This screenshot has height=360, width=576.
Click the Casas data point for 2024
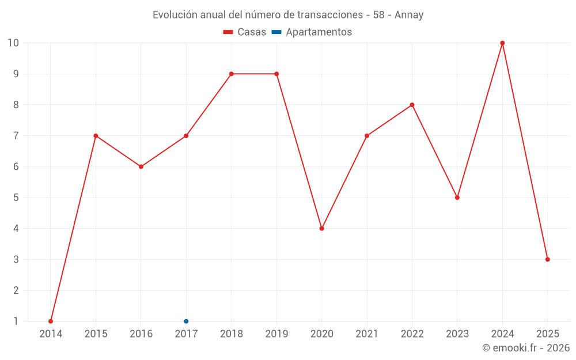click(x=502, y=43)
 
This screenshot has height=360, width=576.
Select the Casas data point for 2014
click(x=51, y=321)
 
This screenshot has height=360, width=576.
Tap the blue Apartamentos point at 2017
click(x=186, y=321)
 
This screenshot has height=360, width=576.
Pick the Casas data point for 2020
click(x=321, y=229)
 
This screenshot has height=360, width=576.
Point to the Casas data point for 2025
click(x=548, y=259)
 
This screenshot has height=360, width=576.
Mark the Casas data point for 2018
click(x=231, y=74)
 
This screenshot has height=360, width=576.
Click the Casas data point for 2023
click(x=457, y=198)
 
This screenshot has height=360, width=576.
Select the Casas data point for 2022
click(x=412, y=105)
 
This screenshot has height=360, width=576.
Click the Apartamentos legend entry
click(x=319, y=32)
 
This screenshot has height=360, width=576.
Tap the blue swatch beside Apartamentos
click(x=276, y=32)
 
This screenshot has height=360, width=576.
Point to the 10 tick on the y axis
click(x=13, y=43)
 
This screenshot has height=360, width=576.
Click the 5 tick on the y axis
click(x=16, y=198)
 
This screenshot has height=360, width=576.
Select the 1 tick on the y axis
click(x=16, y=321)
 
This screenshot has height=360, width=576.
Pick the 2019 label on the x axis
click(x=276, y=334)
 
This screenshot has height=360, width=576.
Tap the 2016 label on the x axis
click(x=141, y=334)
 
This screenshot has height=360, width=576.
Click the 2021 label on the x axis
click(x=367, y=334)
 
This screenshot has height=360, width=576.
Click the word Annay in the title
click(x=409, y=15)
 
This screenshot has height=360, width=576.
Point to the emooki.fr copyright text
click(x=526, y=348)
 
